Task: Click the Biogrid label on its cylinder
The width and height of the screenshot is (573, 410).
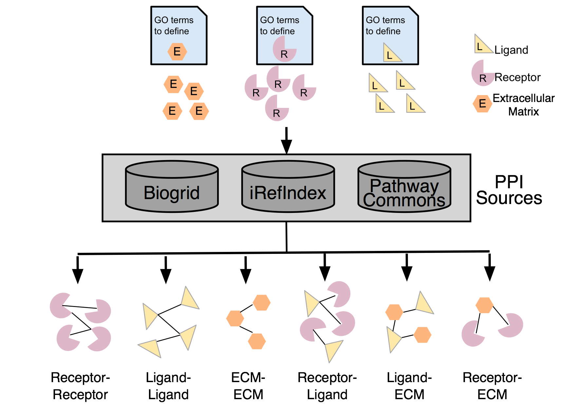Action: pyautogui.click(x=172, y=193)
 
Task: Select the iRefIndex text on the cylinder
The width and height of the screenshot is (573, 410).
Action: pyautogui.click(x=288, y=193)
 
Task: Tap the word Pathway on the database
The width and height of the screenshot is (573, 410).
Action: pyautogui.click(x=404, y=186)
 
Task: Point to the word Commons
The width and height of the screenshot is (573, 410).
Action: pyautogui.click(x=404, y=200)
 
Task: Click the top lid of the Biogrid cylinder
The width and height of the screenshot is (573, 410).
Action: pyautogui.click(x=172, y=169)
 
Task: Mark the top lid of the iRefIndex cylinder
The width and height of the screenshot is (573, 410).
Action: pyautogui.click(x=288, y=169)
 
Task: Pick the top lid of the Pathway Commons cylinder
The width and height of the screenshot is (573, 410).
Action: pyautogui.click(x=404, y=169)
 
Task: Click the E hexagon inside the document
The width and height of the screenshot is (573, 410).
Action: pyautogui.click(x=177, y=51)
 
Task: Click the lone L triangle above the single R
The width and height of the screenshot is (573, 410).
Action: pyautogui.click(x=482, y=45)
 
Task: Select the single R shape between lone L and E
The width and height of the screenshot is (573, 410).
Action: pyautogui.click(x=482, y=74)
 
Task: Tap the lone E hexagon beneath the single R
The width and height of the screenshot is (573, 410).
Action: pyautogui.click(x=482, y=104)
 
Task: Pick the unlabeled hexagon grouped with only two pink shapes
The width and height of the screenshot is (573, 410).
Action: pyautogui.click(x=484, y=305)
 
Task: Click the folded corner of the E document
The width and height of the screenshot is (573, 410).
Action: pyautogui.click(x=202, y=11)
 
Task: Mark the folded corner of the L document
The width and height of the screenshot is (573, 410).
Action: pyautogui.click(x=413, y=11)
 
